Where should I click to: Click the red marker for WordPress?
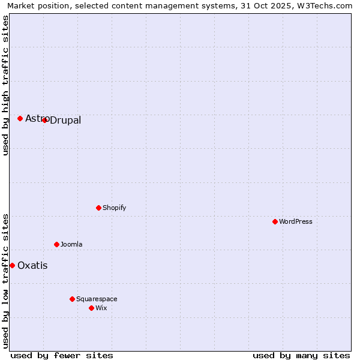click(x=275, y=221)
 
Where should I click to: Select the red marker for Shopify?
click(x=98, y=208)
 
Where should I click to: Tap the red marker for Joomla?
click(x=56, y=244)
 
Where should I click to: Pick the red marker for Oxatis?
click(x=12, y=265)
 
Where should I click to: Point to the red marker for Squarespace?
click(x=72, y=299)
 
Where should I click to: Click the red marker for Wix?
click(x=91, y=308)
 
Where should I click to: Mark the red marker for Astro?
click(x=20, y=118)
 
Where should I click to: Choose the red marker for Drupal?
click(x=44, y=120)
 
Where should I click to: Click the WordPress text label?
click(x=296, y=221)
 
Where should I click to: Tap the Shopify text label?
click(x=114, y=208)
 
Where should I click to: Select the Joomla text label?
click(x=71, y=244)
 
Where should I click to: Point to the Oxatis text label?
click(x=32, y=265)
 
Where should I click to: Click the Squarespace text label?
click(x=97, y=299)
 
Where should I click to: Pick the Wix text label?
click(x=101, y=308)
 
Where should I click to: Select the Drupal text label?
click(x=65, y=121)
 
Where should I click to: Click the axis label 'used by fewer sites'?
click(x=62, y=355)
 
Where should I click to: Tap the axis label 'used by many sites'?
click(x=301, y=355)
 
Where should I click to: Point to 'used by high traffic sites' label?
click(x=5, y=85)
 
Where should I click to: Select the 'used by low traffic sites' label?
click(x=5, y=280)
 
